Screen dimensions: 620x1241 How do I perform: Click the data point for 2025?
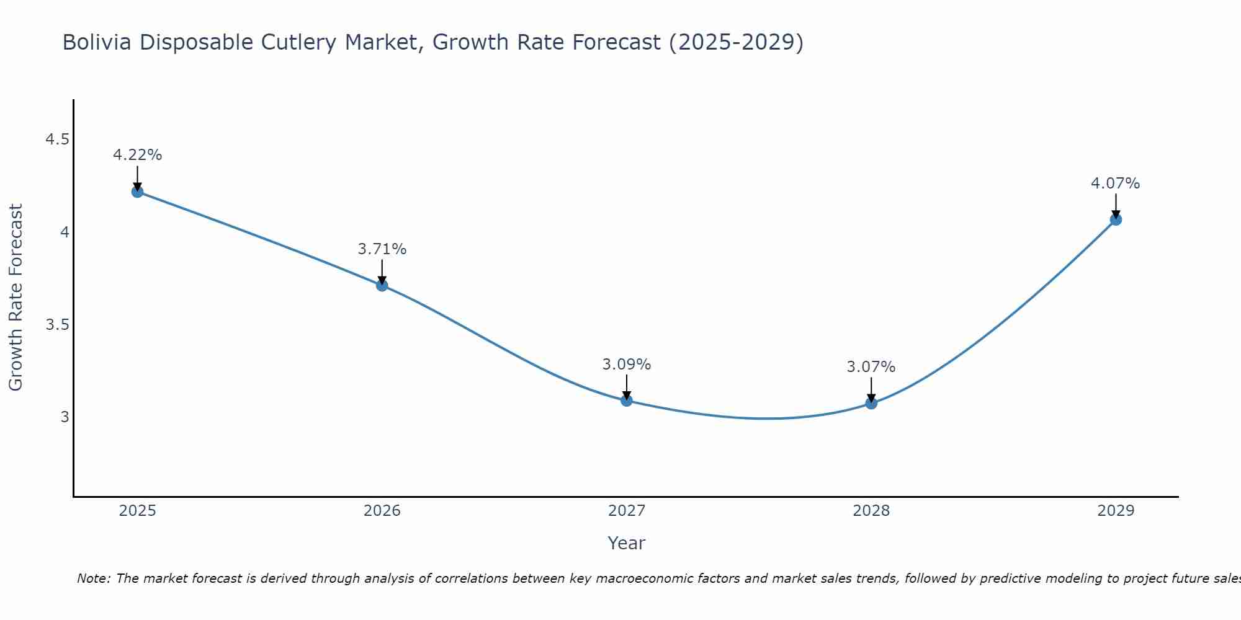[137, 192]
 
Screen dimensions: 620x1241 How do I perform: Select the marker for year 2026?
[382, 285]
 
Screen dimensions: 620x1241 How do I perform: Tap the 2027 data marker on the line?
[627, 401]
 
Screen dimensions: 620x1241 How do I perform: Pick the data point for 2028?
[871, 403]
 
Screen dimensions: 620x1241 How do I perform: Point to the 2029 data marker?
[1116, 219]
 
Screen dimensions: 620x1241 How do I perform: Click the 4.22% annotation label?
[137, 155]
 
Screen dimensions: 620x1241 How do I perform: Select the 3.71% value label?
[382, 249]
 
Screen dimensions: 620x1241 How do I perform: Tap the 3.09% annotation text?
[627, 365]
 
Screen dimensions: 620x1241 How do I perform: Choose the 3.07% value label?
[871, 367]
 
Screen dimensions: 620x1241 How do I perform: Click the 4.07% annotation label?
[1116, 184]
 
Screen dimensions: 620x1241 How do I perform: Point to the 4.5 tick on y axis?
[57, 140]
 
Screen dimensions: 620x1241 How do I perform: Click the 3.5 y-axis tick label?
[57, 325]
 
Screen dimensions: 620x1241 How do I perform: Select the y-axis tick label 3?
[65, 417]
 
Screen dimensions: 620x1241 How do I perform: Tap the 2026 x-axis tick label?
[382, 511]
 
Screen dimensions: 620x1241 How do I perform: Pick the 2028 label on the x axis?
[871, 511]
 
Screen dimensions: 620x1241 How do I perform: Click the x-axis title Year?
[627, 543]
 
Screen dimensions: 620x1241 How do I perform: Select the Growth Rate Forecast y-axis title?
[16, 298]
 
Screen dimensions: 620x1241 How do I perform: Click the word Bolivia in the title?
[97, 42]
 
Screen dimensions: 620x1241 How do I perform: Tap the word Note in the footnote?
[93, 578]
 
